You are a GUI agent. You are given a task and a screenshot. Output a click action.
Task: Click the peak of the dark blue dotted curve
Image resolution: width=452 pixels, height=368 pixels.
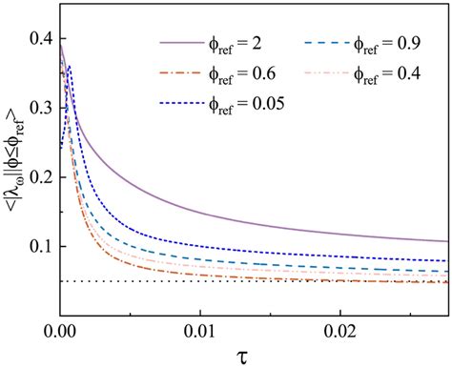pos(69,68)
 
